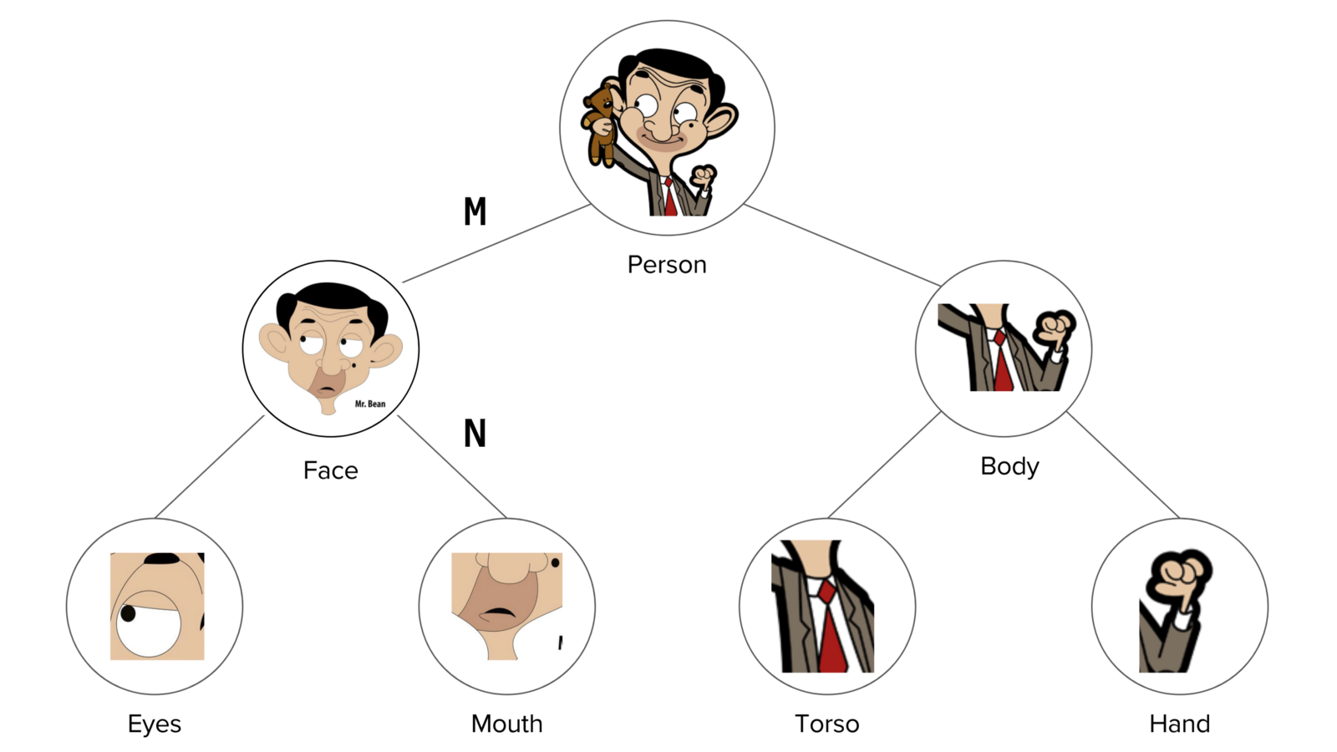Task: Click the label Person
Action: tap(667, 265)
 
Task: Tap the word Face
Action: tap(330, 470)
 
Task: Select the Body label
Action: tap(1009, 466)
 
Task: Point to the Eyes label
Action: tap(155, 724)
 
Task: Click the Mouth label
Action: tap(506, 724)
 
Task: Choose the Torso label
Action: tap(826, 724)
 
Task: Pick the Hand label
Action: tap(1179, 724)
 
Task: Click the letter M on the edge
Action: tap(475, 212)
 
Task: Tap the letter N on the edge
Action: tap(475, 434)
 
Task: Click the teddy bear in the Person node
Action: tap(600, 121)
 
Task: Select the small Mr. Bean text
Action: tap(370, 404)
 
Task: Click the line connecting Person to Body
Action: tap(841, 245)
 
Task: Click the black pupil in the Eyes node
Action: tap(128, 614)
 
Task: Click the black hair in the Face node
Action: tap(330, 296)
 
